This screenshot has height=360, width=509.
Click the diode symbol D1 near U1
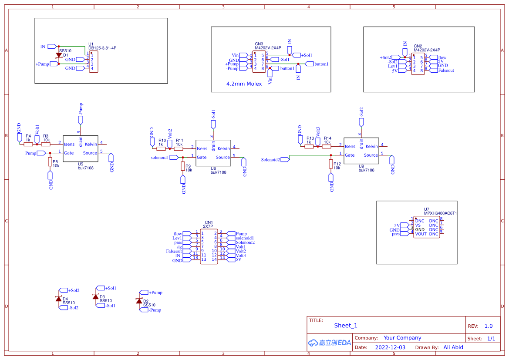point(59,55)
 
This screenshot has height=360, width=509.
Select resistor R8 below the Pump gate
point(50,162)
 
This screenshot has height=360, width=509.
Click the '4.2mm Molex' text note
point(244,84)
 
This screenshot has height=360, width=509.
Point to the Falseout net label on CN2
point(446,70)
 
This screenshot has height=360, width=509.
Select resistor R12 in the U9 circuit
point(331,164)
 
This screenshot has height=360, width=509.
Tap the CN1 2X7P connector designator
point(208,224)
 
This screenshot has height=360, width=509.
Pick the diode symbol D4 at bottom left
point(58,299)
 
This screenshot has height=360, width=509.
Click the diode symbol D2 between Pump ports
point(139,301)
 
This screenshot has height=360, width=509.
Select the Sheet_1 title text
point(346,325)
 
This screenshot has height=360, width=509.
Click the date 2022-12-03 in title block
point(390,347)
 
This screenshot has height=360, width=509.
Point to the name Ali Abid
point(453,347)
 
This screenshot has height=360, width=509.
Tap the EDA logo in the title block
point(329,343)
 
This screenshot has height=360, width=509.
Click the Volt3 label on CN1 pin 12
point(240,256)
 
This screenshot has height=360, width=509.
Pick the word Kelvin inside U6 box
point(223,148)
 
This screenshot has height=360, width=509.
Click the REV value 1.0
point(489,326)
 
